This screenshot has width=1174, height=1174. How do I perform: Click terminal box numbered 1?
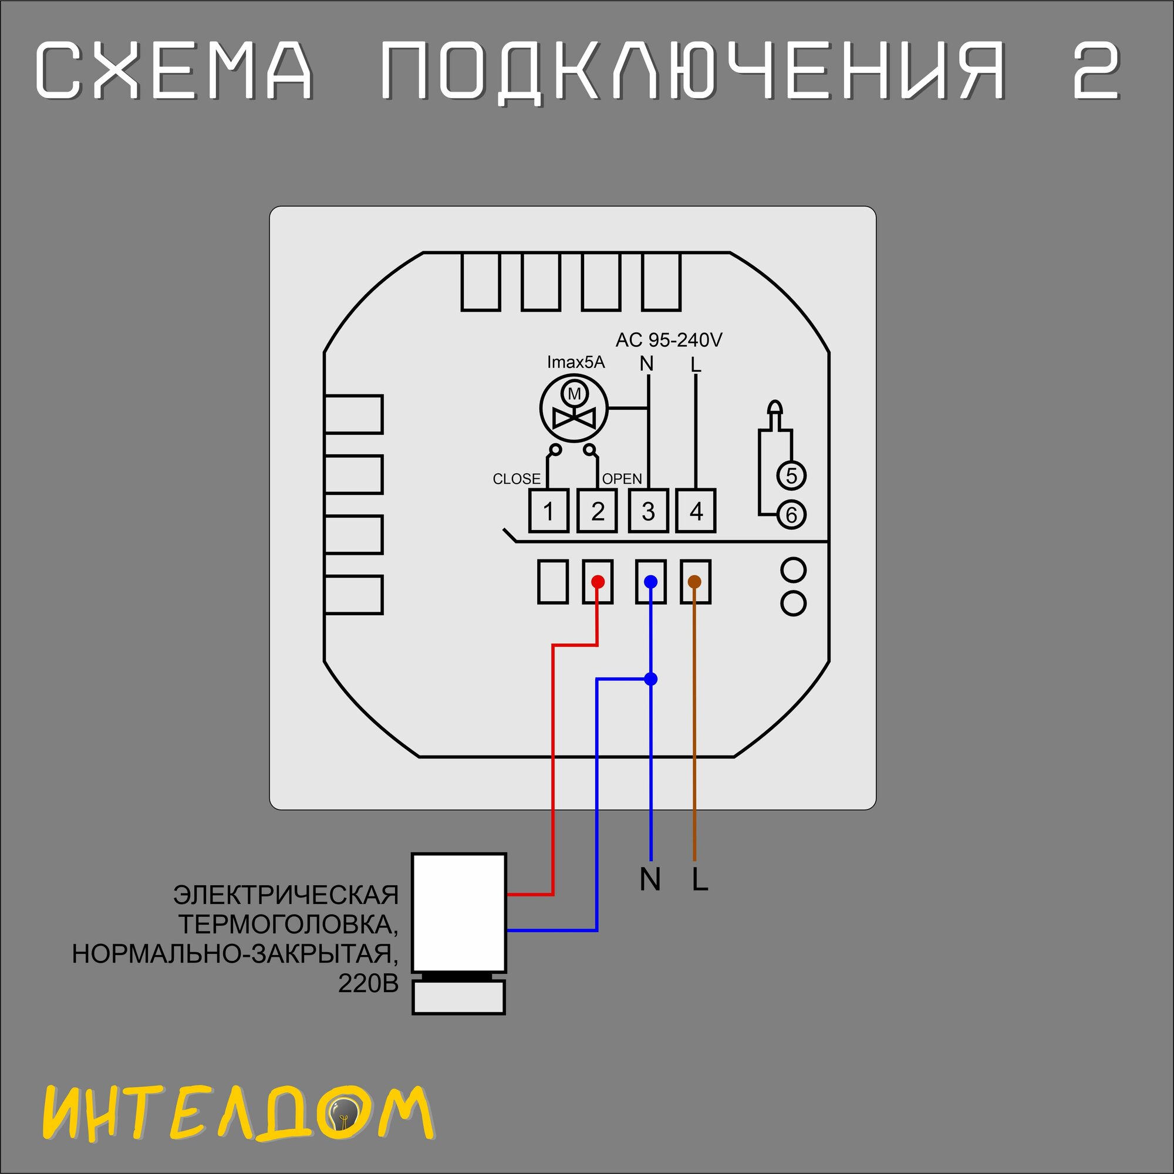[548, 511]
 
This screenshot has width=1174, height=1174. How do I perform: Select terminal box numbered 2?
[597, 511]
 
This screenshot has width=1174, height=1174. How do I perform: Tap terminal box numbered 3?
[648, 511]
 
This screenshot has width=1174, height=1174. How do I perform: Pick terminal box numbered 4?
[696, 511]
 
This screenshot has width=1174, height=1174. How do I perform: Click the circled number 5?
[791, 475]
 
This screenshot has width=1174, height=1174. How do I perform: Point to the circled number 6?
[791, 515]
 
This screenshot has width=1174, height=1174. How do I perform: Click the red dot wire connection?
[598, 582]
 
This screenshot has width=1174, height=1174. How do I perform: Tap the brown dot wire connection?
[694, 582]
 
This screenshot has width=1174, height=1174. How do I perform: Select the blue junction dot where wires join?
[651, 679]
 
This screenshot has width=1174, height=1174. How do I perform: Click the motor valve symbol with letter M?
[573, 408]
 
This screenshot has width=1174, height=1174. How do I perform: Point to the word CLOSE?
[517, 479]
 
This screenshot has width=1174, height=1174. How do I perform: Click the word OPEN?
[622, 479]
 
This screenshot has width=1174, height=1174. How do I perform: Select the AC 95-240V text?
[669, 340]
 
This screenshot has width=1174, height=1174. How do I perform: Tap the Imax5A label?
[576, 362]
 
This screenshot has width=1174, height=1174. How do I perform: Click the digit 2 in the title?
[1095, 72]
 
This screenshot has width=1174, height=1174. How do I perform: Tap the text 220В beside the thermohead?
[368, 984]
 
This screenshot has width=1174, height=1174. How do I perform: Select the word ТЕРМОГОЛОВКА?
[288, 925]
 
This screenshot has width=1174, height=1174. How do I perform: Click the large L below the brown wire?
[700, 879]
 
